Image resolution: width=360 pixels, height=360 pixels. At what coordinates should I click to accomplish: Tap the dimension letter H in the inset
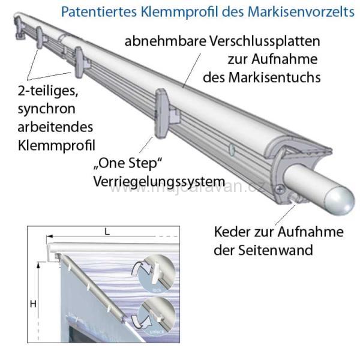click(x=33, y=304)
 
